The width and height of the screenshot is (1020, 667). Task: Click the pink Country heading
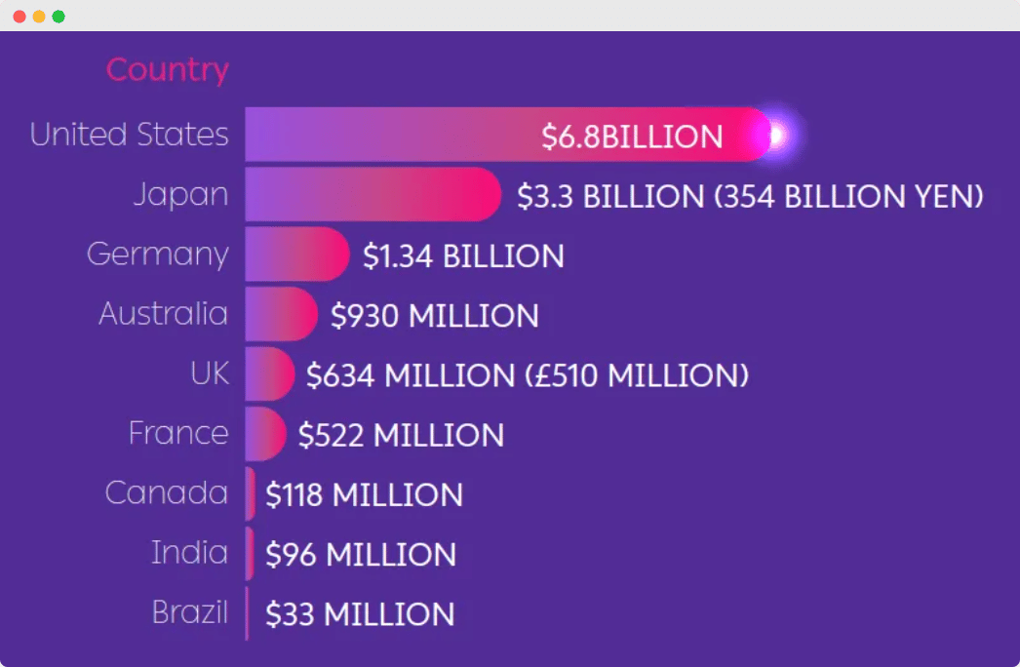click(x=167, y=70)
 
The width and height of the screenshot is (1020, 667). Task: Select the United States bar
click(x=390, y=135)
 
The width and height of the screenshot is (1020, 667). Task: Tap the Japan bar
click(x=371, y=195)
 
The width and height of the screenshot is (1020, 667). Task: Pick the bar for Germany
click(x=295, y=255)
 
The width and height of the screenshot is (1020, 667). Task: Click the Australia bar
click(x=280, y=315)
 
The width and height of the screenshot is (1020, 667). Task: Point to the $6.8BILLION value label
click(x=632, y=137)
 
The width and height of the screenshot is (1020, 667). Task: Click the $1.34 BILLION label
click(x=463, y=256)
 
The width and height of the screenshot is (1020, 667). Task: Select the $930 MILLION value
click(x=435, y=316)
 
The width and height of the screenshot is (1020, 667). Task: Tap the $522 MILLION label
click(x=401, y=435)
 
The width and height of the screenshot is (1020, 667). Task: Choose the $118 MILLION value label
click(x=364, y=495)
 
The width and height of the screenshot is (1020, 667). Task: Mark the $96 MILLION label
click(x=361, y=555)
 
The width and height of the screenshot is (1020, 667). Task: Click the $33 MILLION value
click(x=360, y=614)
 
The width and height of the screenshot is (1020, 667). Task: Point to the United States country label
click(x=129, y=135)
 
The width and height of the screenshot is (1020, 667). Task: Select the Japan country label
click(x=180, y=195)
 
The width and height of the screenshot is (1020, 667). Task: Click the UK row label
click(x=210, y=374)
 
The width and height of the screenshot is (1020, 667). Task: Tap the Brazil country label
click(x=189, y=613)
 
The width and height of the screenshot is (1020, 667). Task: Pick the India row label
click(x=189, y=553)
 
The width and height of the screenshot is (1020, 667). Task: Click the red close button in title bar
click(x=20, y=17)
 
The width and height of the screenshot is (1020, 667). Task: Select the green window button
click(x=59, y=17)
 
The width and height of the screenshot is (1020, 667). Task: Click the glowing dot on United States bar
click(x=777, y=135)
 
